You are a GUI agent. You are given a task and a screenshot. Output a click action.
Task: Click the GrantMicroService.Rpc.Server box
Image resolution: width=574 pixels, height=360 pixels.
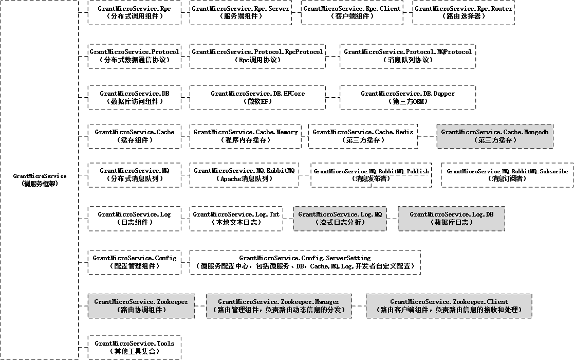click(240, 13)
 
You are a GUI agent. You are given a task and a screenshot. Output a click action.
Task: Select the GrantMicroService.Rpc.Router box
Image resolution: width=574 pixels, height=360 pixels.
click(464, 13)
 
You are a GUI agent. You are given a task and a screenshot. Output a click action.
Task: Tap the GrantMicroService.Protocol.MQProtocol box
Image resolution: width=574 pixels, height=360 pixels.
click(408, 56)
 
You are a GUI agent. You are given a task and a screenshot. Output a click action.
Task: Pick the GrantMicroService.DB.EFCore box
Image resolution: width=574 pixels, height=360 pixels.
click(258, 97)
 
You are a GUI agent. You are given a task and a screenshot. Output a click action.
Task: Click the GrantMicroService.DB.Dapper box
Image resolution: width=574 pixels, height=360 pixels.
click(408, 97)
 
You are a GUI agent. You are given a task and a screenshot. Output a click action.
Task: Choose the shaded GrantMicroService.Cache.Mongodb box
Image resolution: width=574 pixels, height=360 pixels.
click(495, 136)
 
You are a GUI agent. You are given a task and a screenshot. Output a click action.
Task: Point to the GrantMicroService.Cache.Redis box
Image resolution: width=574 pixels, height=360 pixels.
click(363, 136)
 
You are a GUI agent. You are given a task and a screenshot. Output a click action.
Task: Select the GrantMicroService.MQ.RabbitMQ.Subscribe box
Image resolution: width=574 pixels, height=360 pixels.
click(507, 175)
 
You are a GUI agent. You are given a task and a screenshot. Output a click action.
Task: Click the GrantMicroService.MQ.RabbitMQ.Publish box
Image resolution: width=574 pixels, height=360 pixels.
click(371, 175)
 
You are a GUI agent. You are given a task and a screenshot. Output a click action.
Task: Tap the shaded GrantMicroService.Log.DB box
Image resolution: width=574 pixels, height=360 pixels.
click(451, 219)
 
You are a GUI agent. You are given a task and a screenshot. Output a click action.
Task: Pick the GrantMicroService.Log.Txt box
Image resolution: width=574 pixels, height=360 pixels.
click(236, 219)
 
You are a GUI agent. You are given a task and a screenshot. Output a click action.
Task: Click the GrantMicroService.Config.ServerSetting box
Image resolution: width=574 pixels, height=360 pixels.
click(305, 262)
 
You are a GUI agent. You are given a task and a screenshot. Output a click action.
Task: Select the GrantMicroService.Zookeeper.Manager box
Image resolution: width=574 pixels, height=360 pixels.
click(279, 306)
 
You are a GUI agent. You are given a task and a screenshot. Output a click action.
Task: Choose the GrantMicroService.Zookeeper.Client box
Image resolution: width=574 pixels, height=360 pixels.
click(449, 306)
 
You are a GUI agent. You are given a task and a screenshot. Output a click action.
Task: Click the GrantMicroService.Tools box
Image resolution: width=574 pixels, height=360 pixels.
click(135, 347)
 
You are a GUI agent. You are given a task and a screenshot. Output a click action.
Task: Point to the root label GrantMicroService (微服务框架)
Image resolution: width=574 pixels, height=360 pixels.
click(40, 180)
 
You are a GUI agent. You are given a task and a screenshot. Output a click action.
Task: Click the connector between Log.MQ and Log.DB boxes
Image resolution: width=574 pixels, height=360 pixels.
click(393, 219)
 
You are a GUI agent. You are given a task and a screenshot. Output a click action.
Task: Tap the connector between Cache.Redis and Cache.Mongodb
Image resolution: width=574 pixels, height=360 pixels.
click(427, 136)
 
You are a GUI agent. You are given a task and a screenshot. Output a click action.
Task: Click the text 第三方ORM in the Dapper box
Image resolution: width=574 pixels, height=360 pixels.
click(408, 101)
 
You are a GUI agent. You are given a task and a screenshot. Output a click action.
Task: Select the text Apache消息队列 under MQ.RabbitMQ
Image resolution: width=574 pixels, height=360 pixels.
click(244, 179)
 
